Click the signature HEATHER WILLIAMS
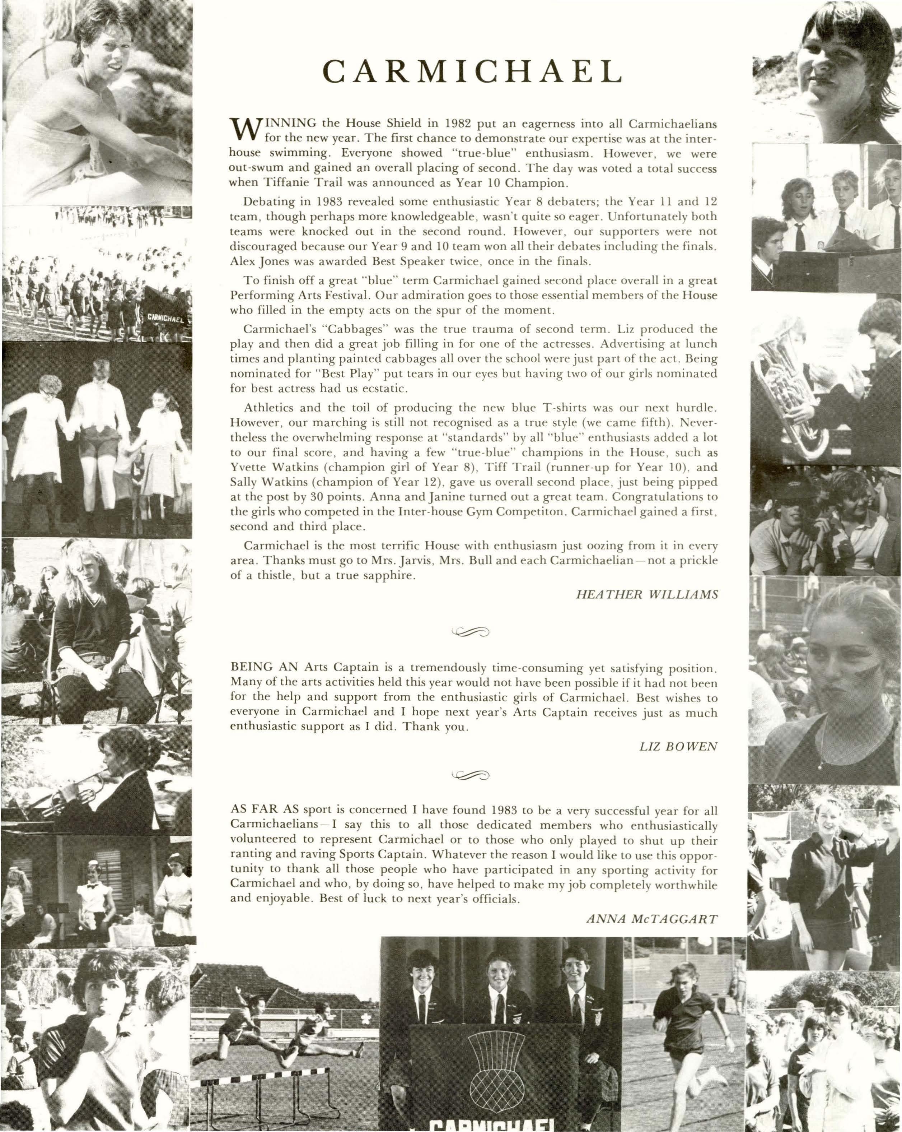pyautogui.click(x=646, y=594)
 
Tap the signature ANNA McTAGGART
pyautogui.click(x=651, y=918)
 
